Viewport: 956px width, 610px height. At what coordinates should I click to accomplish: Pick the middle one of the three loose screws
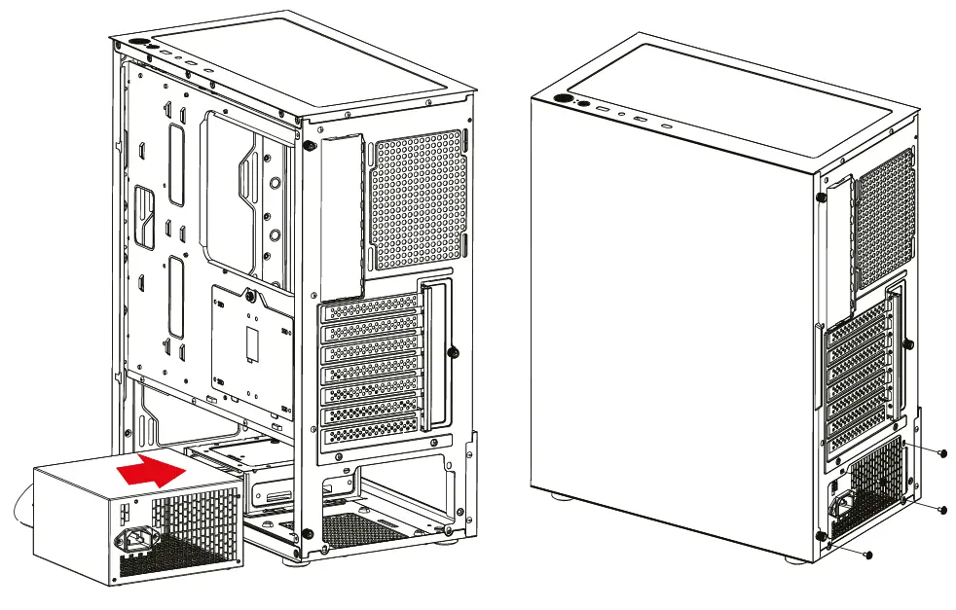click(x=942, y=509)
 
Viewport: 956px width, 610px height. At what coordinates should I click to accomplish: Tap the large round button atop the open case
click(x=134, y=43)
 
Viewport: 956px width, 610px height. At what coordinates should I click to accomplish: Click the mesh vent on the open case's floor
click(x=360, y=528)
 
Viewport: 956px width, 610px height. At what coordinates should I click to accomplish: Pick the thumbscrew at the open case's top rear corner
click(x=309, y=146)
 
